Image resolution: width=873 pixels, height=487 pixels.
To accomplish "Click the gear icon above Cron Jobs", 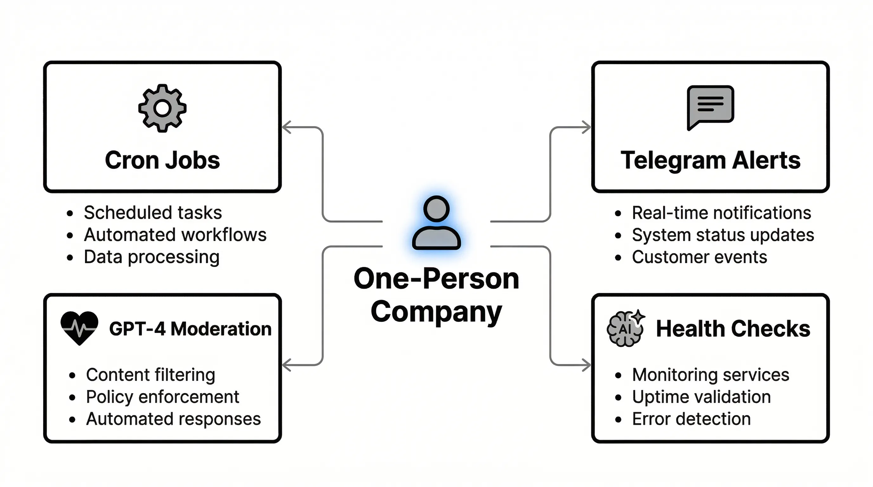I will click(x=162, y=108).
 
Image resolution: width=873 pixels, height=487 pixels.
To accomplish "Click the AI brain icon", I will click(x=625, y=328).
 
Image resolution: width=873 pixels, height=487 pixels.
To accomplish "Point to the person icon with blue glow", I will click(x=436, y=223).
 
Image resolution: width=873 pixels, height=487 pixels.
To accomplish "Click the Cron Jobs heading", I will click(x=162, y=160).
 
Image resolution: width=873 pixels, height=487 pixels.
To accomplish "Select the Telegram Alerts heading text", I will click(x=710, y=160).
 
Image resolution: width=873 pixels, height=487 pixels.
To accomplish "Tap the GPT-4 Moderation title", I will click(x=190, y=329).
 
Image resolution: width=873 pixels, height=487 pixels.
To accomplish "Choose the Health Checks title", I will click(x=733, y=329).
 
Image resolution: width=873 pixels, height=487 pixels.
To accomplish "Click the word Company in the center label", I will click(x=436, y=312).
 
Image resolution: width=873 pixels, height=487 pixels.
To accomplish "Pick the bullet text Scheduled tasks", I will click(x=153, y=213).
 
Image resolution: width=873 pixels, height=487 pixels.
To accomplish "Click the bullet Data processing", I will click(x=152, y=257).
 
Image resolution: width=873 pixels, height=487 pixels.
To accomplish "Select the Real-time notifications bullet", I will click(x=721, y=213).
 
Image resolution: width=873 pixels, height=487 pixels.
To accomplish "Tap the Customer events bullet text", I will click(x=699, y=257).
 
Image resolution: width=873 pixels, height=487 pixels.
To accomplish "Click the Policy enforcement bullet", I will click(x=162, y=397).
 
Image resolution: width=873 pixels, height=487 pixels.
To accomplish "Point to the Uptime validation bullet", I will click(x=701, y=397).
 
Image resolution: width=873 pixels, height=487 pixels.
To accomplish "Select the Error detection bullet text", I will click(x=691, y=419).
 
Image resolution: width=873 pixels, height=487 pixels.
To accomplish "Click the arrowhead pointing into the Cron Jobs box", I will click(x=286, y=127).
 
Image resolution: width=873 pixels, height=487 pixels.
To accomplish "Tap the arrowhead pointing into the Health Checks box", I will click(x=586, y=365).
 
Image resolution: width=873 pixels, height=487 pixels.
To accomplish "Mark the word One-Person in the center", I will click(x=436, y=279).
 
